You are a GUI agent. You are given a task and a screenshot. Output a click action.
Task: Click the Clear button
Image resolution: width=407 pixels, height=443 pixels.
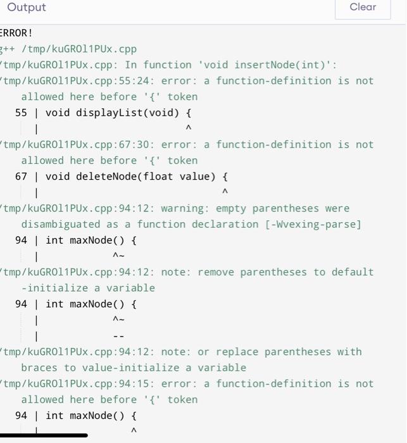pos(363,8)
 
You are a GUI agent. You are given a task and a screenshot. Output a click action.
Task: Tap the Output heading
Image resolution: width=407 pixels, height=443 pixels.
pos(27,8)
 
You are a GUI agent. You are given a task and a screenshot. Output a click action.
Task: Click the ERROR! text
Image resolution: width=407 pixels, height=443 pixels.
pos(16,33)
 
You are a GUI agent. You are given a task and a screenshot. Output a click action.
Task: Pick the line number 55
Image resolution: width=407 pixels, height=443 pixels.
pos(21,113)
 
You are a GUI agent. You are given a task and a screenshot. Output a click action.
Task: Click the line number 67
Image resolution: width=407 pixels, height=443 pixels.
pos(21,177)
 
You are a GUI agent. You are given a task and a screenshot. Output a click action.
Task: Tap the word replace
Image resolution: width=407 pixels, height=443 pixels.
pos(237,352)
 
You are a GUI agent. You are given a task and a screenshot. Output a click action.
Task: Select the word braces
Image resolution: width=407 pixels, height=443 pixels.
pos(39,368)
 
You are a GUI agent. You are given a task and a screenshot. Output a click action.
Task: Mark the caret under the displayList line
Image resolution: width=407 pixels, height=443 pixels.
pos(188,129)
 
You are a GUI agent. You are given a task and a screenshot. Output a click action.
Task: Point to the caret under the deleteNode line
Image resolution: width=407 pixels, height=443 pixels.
pos(225,192)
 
